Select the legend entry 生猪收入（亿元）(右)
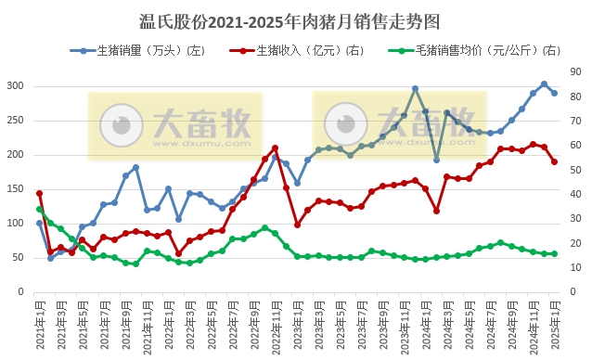308,49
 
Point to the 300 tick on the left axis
16,85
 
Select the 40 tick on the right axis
576,194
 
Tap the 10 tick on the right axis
576,267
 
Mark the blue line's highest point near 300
544,84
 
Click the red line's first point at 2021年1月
39,193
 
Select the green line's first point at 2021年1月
39,210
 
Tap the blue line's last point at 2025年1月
555,93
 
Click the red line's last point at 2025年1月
555,161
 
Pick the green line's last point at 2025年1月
555,253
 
